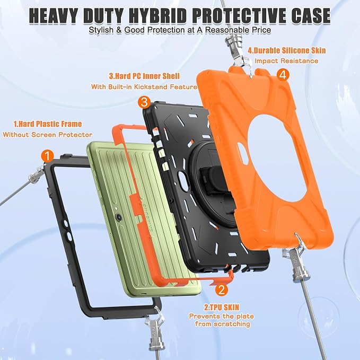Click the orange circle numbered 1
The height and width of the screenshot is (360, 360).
tap(48, 156)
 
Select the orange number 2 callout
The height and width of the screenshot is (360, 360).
tap(222, 289)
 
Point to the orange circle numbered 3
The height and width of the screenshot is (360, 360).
tap(144, 102)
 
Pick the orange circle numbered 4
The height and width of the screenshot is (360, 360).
tap(283, 74)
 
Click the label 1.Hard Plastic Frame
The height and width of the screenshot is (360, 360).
tap(48, 124)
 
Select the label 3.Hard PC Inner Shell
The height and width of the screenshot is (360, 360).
tap(144, 76)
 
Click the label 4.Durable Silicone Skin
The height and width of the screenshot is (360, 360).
tap(287, 50)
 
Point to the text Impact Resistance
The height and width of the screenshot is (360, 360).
tap(286, 61)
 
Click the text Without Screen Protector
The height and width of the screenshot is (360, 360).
tap(48, 135)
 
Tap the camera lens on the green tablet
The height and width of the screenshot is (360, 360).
tap(119, 216)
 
